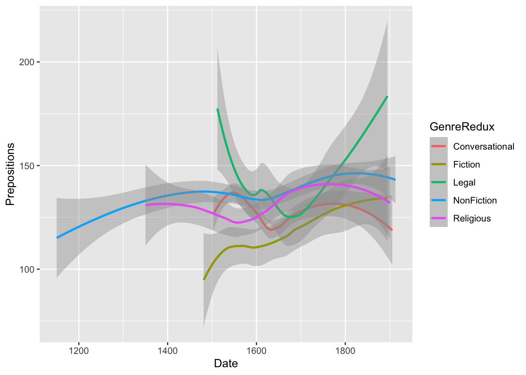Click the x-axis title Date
(226, 364)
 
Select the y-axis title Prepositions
(10, 174)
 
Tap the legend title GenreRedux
(462, 127)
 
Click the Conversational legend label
(483, 146)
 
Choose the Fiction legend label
(467, 164)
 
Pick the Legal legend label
(464, 182)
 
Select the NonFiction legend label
(475, 200)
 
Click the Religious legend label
(472, 218)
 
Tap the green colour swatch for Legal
(439, 182)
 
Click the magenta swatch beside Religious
(439, 218)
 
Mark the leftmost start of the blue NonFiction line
(57, 237)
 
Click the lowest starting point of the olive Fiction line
(204, 279)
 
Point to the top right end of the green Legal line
(387, 96)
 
